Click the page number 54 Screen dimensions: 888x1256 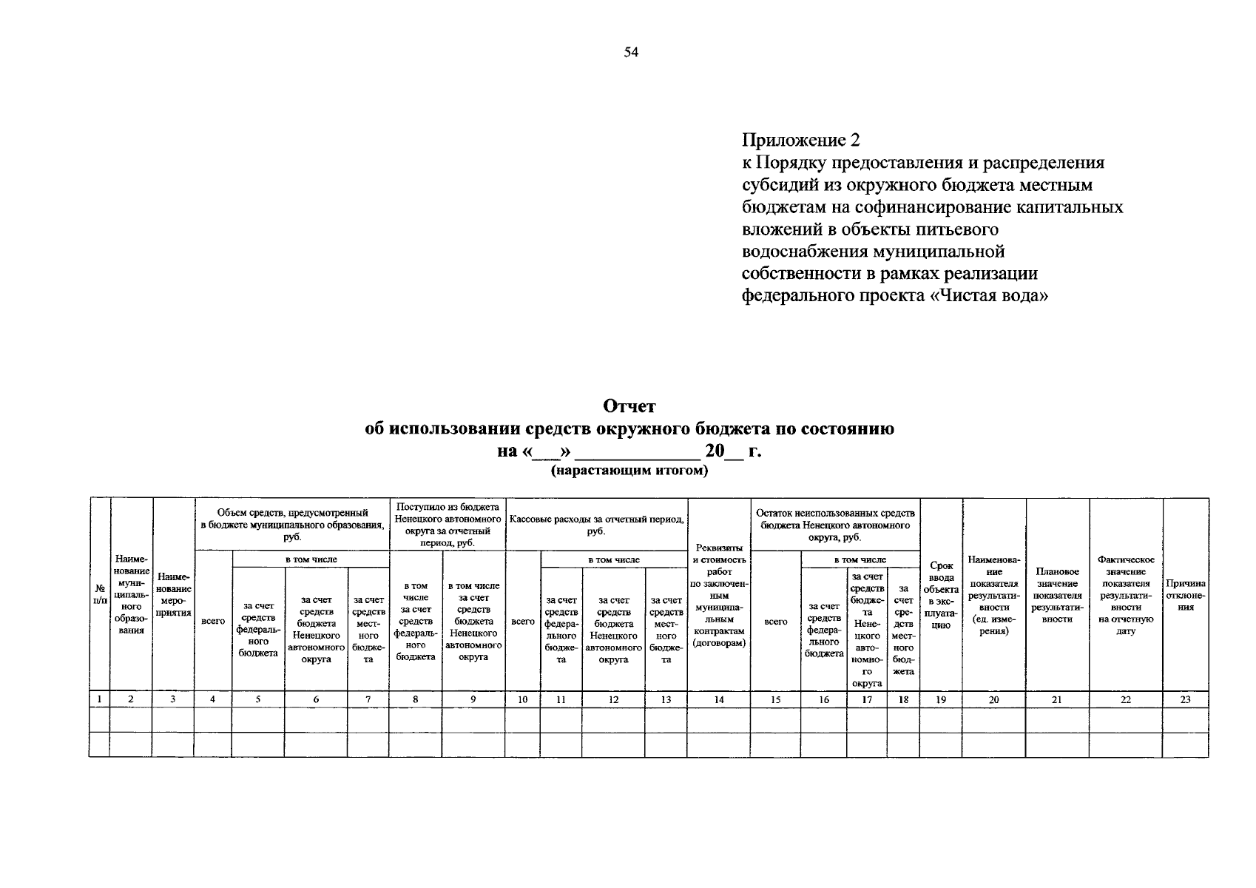click(x=630, y=53)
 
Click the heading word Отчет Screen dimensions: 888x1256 click(x=629, y=406)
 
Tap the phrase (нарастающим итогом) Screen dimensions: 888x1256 click(x=629, y=471)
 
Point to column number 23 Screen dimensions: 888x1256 click(x=1185, y=699)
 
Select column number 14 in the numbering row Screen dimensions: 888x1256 click(x=719, y=699)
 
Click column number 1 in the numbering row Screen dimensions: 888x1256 click(x=99, y=699)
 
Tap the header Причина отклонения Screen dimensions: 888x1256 click(x=1185, y=595)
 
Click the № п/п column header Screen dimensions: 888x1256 click(x=99, y=594)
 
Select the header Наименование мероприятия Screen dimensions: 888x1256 click(x=174, y=594)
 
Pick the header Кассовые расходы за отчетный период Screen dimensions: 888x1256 click(x=596, y=525)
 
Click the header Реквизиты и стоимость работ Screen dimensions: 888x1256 click(x=719, y=595)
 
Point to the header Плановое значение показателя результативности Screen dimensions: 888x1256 click(x=1057, y=595)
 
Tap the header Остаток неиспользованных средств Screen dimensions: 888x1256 click(x=835, y=525)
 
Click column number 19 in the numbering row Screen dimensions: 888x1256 click(x=941, y=699)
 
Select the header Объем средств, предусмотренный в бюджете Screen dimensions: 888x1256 click(x=292, y=525)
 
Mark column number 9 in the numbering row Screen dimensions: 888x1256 click(x=473, y=699)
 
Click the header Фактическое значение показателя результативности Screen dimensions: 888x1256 click(x=1125, y=595)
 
